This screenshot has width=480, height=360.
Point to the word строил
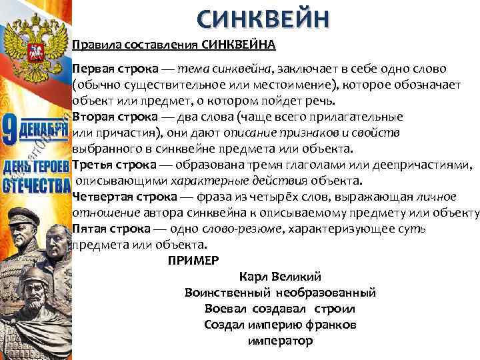[336, 309]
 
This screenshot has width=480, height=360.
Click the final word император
[280, 341]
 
